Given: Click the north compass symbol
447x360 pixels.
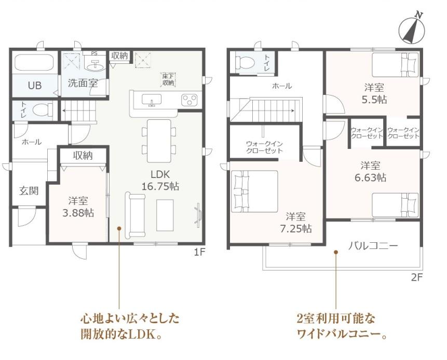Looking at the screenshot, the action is pos(412,30).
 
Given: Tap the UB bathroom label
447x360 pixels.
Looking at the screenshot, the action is pos(35,85).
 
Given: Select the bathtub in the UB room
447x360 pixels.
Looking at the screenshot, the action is pos(34,62).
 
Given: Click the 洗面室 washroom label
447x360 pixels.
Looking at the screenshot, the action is pos(83,83).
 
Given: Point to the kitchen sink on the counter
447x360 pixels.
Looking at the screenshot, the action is pos(152,100).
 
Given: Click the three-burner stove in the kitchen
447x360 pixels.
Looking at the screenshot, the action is pos(189,100).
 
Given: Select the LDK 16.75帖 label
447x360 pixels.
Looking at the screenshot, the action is pos(160,181).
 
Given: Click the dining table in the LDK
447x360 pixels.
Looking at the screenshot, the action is pos(159,141).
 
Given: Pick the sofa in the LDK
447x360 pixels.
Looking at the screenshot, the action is pos(135,215).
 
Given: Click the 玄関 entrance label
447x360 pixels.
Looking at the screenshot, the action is pos(29,191).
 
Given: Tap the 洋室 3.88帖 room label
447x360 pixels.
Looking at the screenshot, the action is pos(78,207).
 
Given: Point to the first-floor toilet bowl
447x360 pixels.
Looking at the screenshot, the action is pos(43,109).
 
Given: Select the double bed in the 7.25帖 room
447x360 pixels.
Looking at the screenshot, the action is pos(254,191).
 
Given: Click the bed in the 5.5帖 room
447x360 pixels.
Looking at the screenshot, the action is pos(396,65).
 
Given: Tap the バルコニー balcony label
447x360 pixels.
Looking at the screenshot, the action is pos(373,245).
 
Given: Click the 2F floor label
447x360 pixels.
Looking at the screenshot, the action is pos(416,277).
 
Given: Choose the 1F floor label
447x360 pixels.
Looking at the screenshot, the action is pos(199,252).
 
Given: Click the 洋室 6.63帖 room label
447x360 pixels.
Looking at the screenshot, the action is pos(370,172).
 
